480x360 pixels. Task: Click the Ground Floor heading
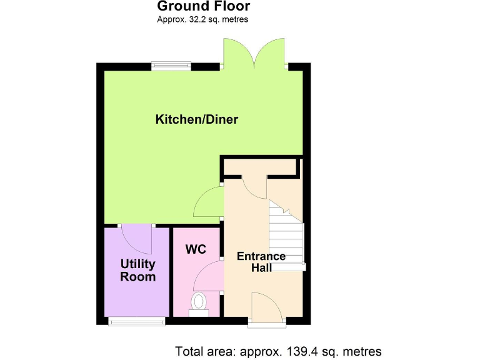pyautogui.click(x=203, y=7)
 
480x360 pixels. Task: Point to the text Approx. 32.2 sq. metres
pyautogui.click(x=203, y=19)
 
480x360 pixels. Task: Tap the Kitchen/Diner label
pyautogui.click(x=197, y=119)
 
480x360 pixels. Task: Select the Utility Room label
pyautogui.click(x=137, y=271)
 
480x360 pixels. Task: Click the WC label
pyautogui.click(x=196, y=249)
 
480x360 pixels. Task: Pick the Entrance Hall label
pyautogui.click(x=261, y=262)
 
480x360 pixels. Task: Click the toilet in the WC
pyautogui.click(x=199, y=302)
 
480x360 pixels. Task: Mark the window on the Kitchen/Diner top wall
pyautogui.click(x=171, y=63)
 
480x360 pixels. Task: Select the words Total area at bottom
pyautogui.click(x=202, y=351)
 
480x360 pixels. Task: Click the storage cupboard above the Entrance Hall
pyautogui.click(x=260, y=167)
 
